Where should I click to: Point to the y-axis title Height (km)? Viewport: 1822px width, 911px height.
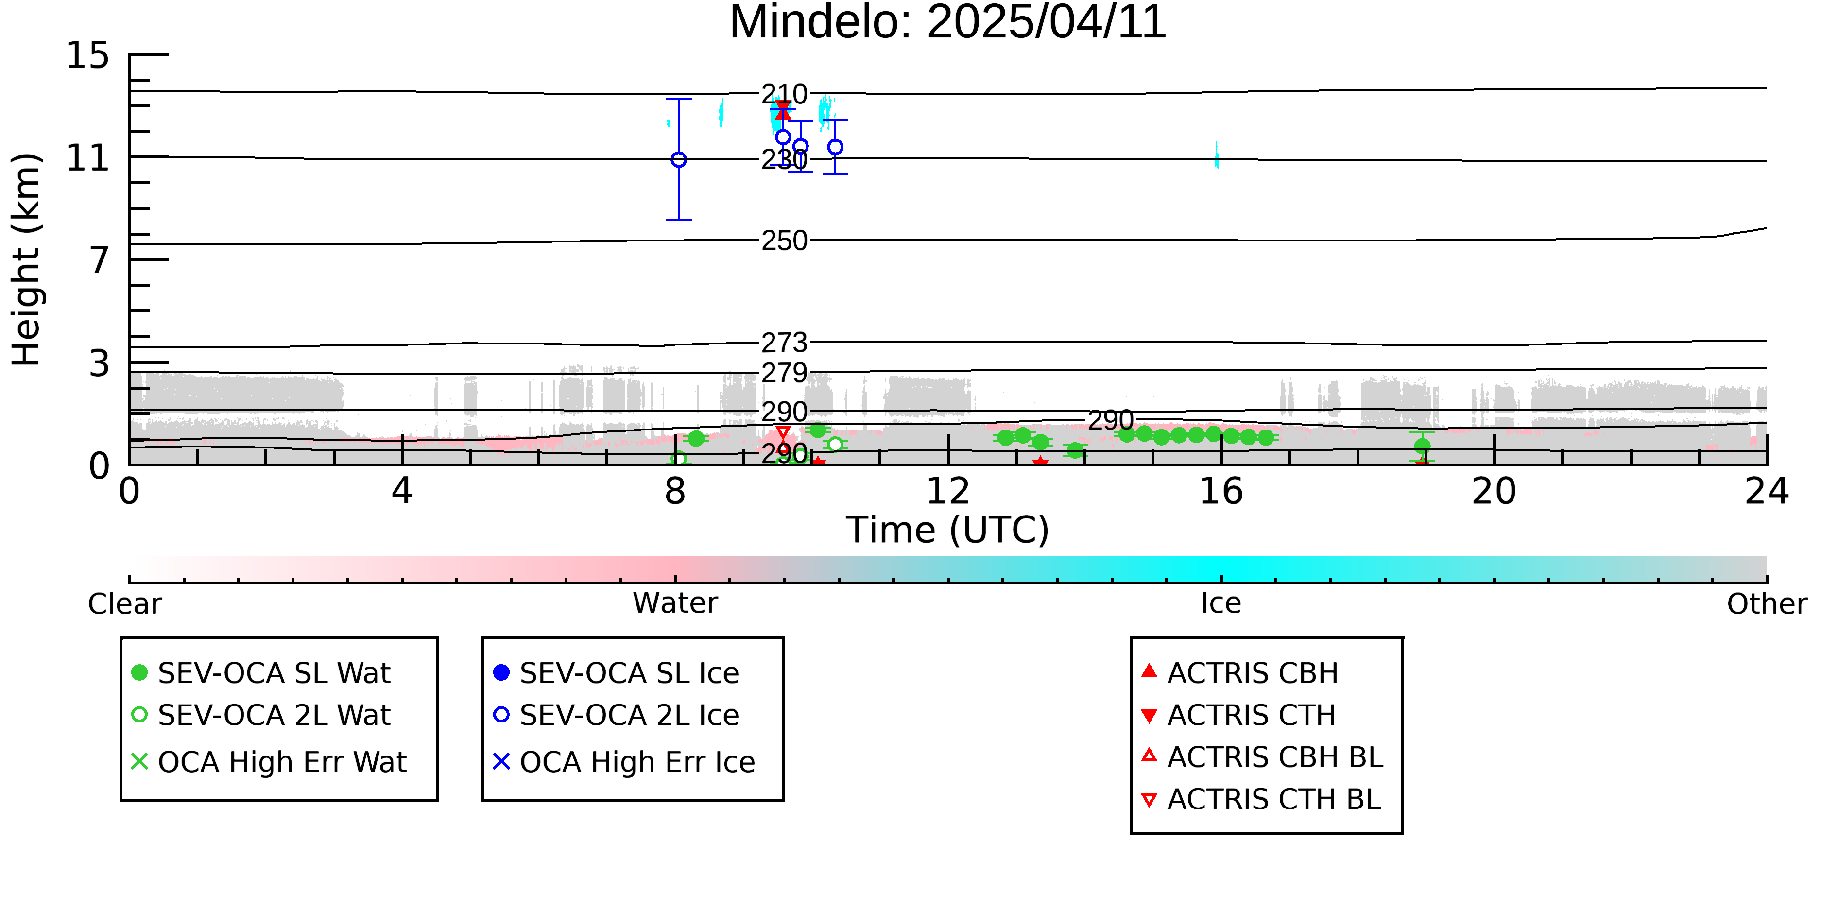point(26,259)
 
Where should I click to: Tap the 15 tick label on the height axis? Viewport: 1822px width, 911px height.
point(88,55)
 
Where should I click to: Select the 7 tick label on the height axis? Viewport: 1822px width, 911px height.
point(100,260)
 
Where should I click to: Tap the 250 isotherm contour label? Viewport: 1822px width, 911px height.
point(784,241)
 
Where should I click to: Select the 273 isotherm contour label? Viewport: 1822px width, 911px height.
point(784,343)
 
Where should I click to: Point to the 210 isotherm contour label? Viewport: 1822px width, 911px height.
point(784,94)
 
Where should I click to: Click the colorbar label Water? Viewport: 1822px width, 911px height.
point(675,603)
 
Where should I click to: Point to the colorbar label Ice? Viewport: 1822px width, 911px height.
point(1221,603)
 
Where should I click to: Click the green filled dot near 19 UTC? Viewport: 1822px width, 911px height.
point(1423,446)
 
